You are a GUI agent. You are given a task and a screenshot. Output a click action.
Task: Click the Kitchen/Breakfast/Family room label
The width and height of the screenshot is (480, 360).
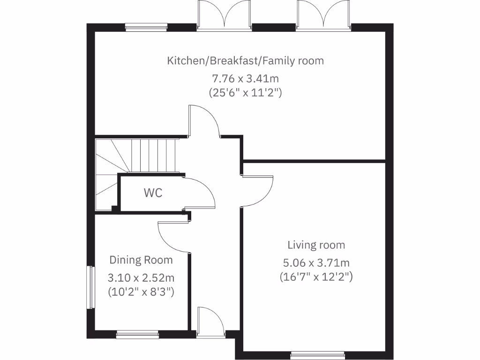(246, 61)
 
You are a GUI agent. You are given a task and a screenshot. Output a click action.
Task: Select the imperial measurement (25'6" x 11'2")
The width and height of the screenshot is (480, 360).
(246, 92)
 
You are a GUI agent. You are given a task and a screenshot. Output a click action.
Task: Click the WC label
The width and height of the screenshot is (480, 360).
(153, 193)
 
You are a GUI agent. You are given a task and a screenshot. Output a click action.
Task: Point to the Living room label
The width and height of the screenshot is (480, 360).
(316, 245)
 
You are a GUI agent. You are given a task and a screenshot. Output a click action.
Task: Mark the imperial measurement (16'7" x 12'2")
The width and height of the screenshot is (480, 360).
(316, 277)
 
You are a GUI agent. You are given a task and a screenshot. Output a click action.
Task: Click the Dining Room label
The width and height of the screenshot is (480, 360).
(141, 260)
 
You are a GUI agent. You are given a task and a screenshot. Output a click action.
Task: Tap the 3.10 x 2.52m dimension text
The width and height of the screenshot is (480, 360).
(141, 277)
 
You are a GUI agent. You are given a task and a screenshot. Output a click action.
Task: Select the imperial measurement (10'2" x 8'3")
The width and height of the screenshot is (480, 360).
(141, 292)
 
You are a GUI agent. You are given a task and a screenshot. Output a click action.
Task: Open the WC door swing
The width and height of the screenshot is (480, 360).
(199, 193)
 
